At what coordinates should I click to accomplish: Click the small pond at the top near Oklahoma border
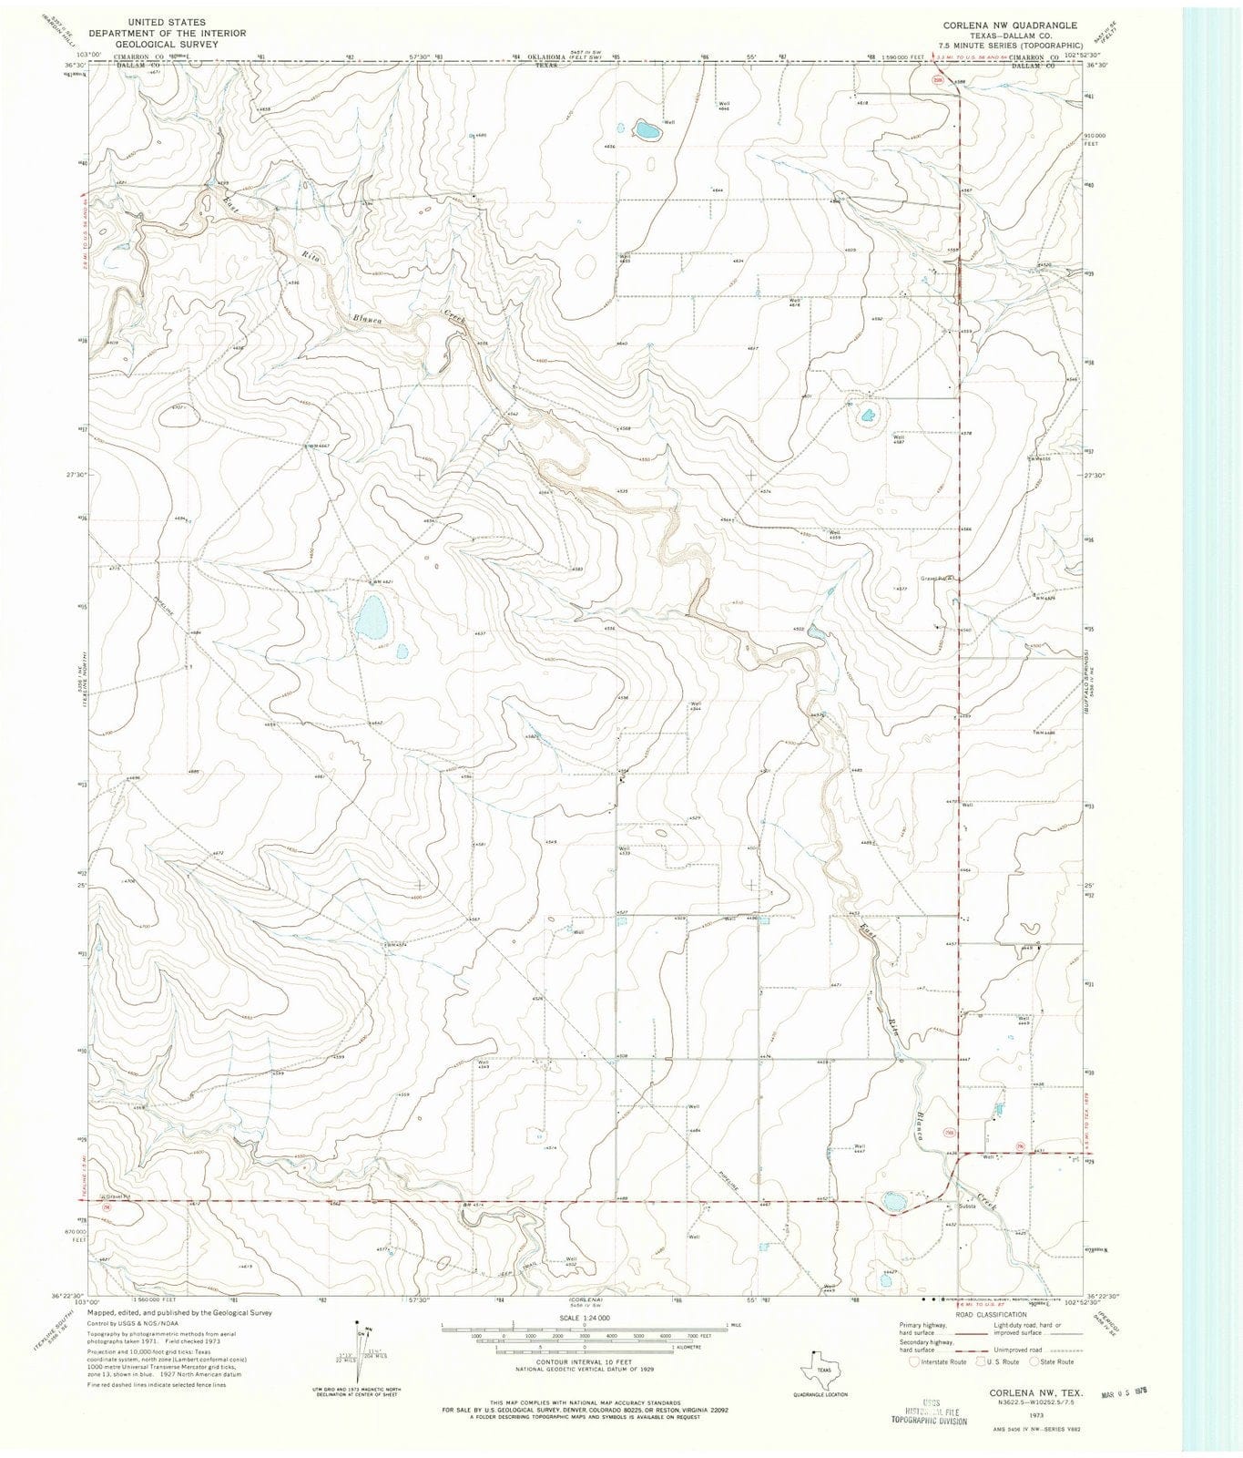click(647, 130)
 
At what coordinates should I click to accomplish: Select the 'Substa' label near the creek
click(965, 1206)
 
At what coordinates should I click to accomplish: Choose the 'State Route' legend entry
click(1052, 1361)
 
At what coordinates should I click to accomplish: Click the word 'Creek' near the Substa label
click(985, 1199)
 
